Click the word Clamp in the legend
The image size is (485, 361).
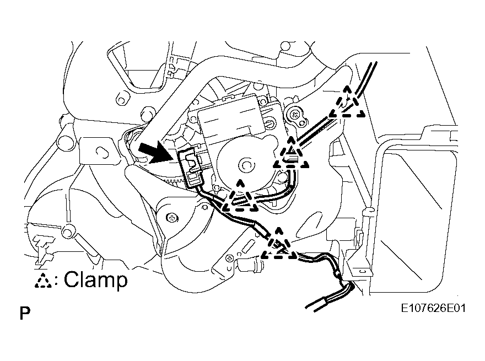(x=95, y=279)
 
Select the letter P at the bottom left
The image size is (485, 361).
(x=25, y=314)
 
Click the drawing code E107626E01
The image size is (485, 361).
(x=433, y=308)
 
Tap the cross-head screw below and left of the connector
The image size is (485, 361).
(x=173, y=218)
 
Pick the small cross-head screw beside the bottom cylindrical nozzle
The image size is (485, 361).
(x=229, y=257)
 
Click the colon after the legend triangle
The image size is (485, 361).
(x=57, y=281)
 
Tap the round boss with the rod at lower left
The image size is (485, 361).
(x=68, y=231)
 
